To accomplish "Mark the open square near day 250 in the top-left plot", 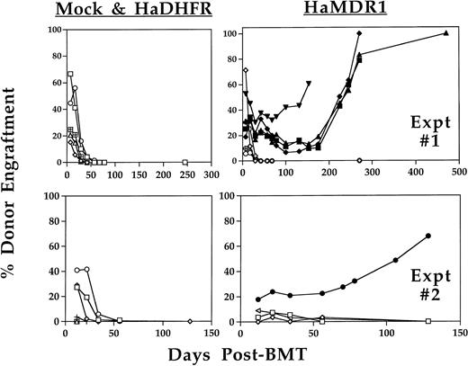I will (184, 163).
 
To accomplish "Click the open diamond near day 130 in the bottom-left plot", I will (189, 321).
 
